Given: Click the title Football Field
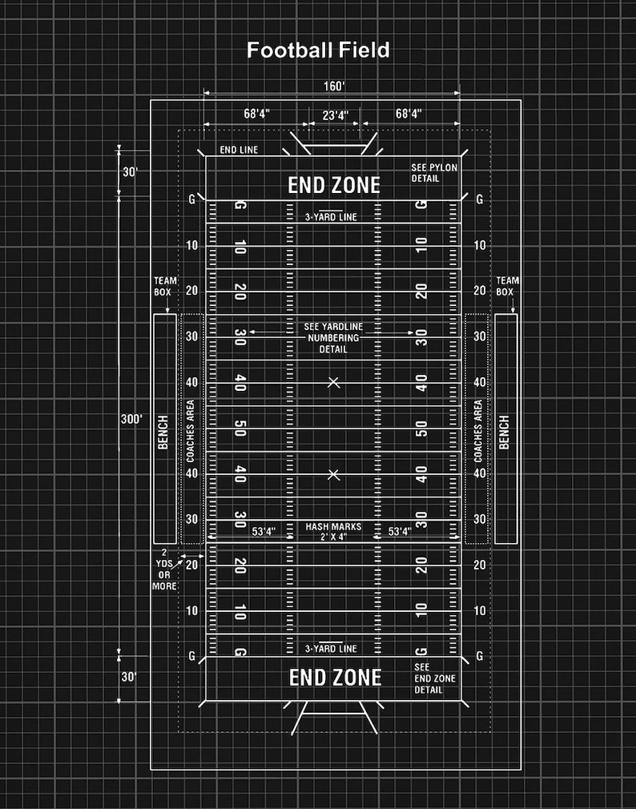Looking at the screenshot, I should pos(318,50).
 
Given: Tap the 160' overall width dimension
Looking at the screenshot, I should pos(333,85).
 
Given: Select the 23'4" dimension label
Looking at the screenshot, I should pos(335,115).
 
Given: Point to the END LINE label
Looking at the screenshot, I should pos(239,150).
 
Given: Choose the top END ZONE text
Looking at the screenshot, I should pos(334,186).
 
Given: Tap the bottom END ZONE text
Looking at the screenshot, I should pos(335,678).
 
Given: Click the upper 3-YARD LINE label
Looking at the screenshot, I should pos(331,217).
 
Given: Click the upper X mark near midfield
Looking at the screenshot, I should pos(334,383).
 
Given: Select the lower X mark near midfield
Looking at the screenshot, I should pos(334,475).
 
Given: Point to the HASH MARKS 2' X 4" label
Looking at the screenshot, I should pos(333,532).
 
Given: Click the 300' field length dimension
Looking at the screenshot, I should pos(131,419).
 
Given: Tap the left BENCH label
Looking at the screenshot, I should pos(163,433).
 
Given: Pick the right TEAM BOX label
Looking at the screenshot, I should pos(506,286).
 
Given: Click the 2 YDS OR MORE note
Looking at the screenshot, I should pos(164,570).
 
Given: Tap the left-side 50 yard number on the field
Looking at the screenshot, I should pos(240,429).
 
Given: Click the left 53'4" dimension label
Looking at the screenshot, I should pos(264,531).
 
